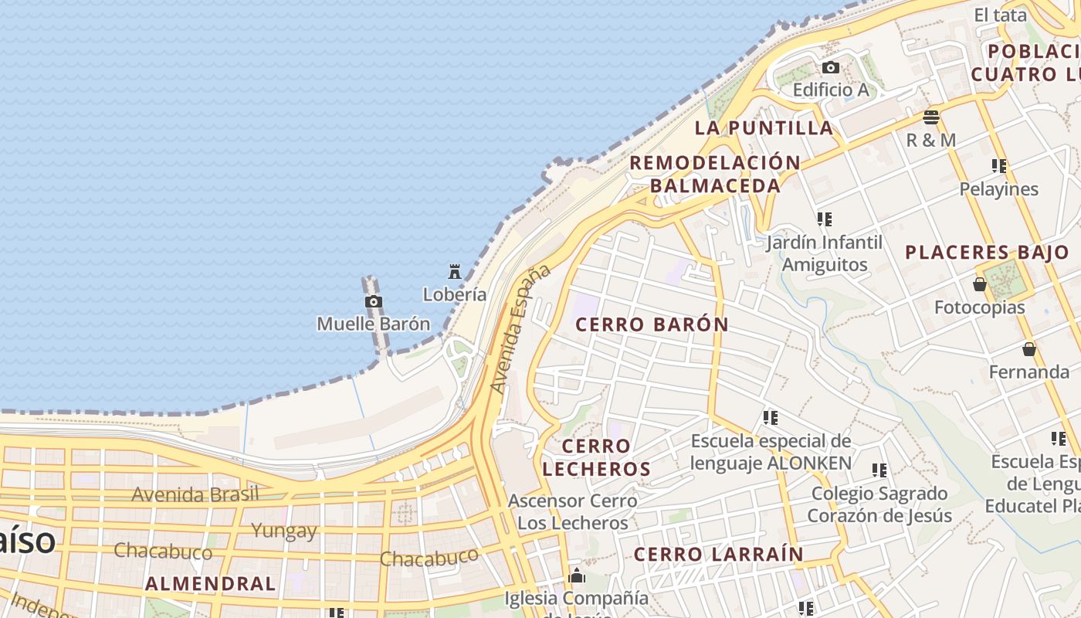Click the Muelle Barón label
[x=373, y=324]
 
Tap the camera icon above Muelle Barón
[x=373, y=301]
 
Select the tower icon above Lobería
[x=455, y=271]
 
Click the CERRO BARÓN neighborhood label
[x=652, y=324]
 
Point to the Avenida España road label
[x=521, y=328]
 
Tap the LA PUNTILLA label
[x=764, y=128]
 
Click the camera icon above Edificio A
[x=831, y=67]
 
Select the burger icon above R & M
[x=931, y=117]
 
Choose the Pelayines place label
[x=998, y=189]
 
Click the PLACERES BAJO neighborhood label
[x=987, y=253]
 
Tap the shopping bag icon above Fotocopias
[x=980, y=284]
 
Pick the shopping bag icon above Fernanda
[x=1029, y=349]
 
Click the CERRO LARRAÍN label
[x=718, y=554]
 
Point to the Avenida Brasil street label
[x=195, y=494]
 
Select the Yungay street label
[x=284, y=531]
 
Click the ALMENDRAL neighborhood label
[x=210, y=583]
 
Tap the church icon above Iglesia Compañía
[x=577, y=576]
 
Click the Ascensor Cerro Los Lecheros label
[x=573, y=511]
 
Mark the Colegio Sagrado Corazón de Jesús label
[x=879, y=504]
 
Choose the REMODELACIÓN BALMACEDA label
[x=715, y=174]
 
